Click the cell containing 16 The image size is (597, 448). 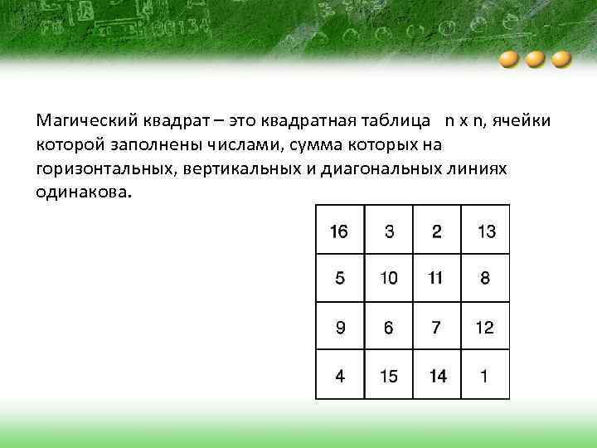click(339, 231)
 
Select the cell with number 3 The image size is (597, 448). click(389, 231)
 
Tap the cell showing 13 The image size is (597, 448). click(486, 231)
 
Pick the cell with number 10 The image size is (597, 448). click(389, 279)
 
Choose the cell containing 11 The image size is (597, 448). click(436, 279)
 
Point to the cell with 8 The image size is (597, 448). click(486, 279)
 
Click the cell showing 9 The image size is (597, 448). click(339, 328)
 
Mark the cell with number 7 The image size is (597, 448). click(436, 328)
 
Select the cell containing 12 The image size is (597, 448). click(486, 328)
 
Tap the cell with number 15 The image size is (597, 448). click(389, 376)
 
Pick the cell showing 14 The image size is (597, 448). click(436, 376)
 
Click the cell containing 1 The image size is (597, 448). click(486, 376)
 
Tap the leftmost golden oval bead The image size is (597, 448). click(510, 61)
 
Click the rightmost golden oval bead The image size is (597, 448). click(562, 61)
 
